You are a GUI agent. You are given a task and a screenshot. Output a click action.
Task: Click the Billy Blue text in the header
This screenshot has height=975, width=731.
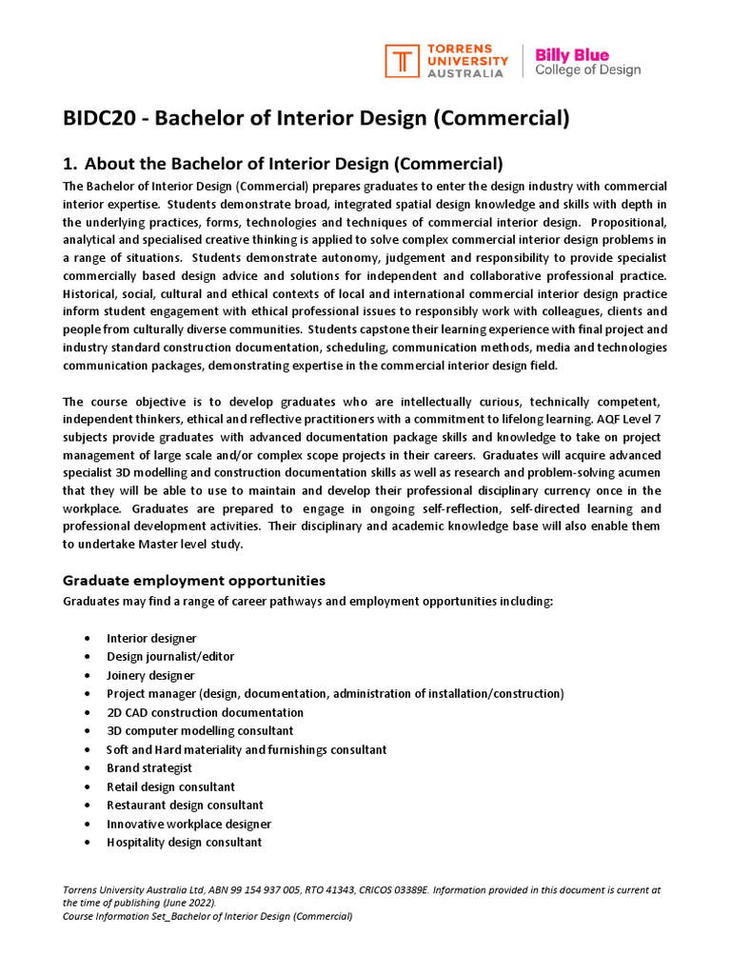coord(572,54)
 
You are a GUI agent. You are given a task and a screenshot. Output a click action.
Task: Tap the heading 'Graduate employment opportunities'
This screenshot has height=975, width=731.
coord(194,580)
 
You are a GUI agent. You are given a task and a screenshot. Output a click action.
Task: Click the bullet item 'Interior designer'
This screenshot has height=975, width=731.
coord(151,638)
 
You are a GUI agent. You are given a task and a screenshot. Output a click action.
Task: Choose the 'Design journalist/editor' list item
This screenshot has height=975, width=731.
coord(170,657)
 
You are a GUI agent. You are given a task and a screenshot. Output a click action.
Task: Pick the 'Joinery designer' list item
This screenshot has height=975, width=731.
coord(150,675)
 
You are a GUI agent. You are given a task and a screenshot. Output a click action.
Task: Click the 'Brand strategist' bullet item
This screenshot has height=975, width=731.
coord(149,767)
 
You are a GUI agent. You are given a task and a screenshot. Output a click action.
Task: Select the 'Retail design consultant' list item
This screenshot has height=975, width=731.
coord(170,786)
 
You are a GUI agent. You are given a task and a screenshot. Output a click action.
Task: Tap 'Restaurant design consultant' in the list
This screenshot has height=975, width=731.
coord(185,805)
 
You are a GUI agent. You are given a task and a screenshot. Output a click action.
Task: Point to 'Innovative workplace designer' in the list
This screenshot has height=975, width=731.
coord(188,824)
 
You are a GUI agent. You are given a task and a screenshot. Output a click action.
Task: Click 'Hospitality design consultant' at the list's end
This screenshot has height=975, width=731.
coord(184,842)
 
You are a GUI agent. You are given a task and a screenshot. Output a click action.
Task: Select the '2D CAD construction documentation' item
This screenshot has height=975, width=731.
coord(205,712)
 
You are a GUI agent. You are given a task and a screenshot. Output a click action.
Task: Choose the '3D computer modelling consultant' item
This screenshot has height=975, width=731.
coord(200,730)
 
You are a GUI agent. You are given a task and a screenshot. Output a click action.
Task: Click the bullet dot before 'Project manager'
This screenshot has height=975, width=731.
coord(88,694)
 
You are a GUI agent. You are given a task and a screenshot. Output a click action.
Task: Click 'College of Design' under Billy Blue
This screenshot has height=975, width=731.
coord(587,70)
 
